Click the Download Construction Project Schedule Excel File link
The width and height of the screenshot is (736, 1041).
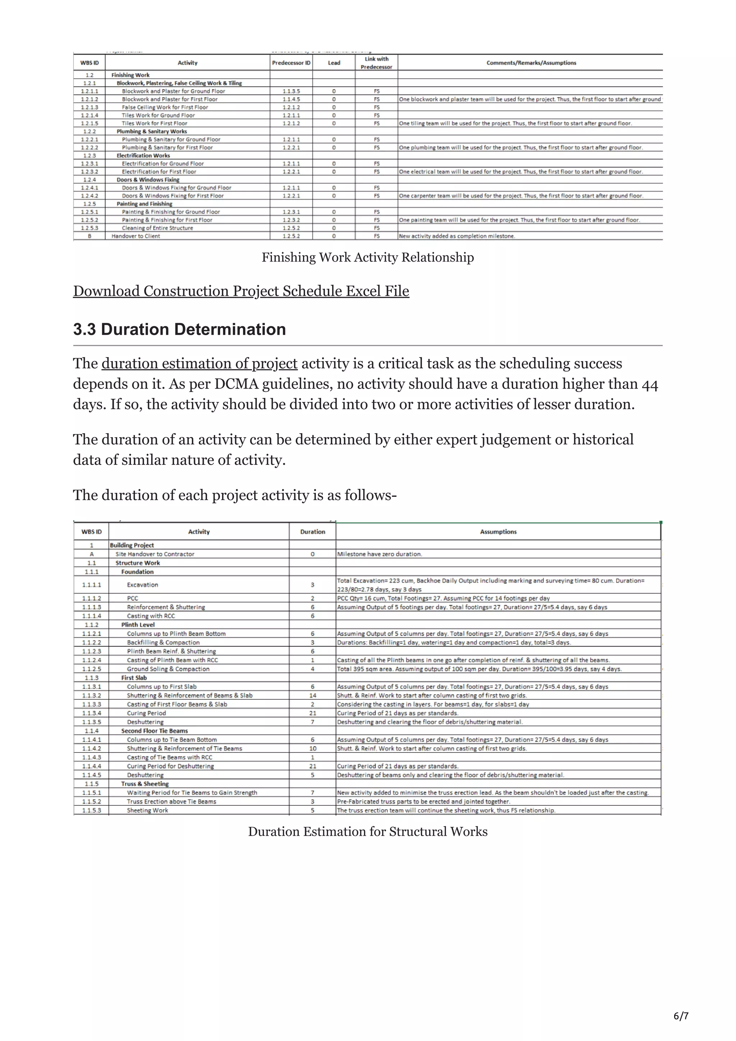(x=241, y=291)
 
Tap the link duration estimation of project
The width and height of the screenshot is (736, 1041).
(x=199, y=364)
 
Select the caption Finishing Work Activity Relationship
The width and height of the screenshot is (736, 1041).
(x=367, y=258)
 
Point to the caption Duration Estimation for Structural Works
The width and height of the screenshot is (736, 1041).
(x=367, y=832)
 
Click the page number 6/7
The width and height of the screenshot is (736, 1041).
(x=681, y=1016)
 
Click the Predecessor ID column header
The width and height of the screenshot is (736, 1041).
(x=291, y=63)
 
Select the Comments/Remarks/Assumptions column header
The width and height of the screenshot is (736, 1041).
(x=531, y=63)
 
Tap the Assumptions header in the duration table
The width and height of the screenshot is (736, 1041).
(x=498, y=532)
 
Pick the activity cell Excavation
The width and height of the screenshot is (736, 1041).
(x=142, y=585)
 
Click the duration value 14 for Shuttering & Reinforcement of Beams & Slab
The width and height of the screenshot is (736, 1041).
(x=312, y=695)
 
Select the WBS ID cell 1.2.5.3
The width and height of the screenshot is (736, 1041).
(x=89, y=228)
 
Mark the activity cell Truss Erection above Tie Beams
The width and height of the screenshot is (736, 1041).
(x=171, y=802)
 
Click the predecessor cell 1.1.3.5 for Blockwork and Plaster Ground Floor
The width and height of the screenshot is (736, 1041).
(x=291, y=91)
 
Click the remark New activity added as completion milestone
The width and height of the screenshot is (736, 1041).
(x=457, y=236)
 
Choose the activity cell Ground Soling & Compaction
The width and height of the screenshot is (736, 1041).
(x=168, y=669)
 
